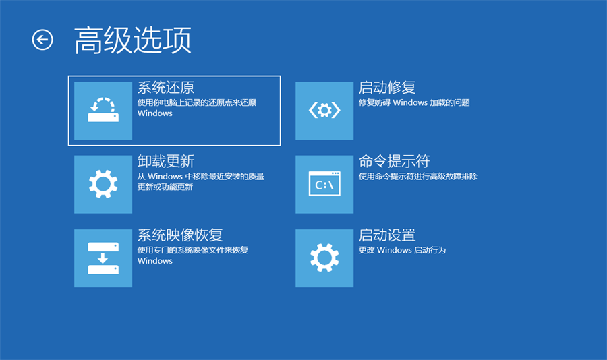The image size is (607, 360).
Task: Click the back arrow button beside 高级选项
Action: pyautogui.click(x=42, y=40)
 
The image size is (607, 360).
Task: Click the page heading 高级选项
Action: pyautogui.click(x=132, y=40)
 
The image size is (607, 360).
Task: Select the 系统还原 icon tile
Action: pyautogui.click(x=103, y=110)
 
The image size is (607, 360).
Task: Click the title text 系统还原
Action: pyautogui.click(x=166, y=88)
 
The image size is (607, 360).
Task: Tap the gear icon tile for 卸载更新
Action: pyautogui.click(x=103, y=184)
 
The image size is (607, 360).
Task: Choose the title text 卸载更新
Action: pyautogui.click(x=166, y=162)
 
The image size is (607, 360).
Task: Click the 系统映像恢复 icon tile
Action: pyautogui.click(x=103, y=258)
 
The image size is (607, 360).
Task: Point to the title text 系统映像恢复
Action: pyautogui.click(x=180, y=235)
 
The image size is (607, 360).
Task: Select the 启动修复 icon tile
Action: pyautogui.click(x=324, y=110)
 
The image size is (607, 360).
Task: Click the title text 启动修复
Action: pyautogui.click(x=387, y=88)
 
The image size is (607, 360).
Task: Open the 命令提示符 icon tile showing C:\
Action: pyautogui.click(x=324, y=184)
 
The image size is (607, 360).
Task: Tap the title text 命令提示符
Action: pyautogui.click(x=395, y=162)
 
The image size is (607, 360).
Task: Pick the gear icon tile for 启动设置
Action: pyautogui.click(x=324, y=258)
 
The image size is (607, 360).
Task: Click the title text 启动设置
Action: pyautogui.click(x=387, y=235)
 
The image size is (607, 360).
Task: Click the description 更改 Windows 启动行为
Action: pyautogui.click(x=403, y=250)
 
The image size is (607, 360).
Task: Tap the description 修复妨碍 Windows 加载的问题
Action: pyautogui.click(x=414, y=103)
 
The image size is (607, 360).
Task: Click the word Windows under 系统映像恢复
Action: pyautogui.click(x=155, y=261)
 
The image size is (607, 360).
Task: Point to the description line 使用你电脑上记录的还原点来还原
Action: pyautogui.click(x=197, y=103)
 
